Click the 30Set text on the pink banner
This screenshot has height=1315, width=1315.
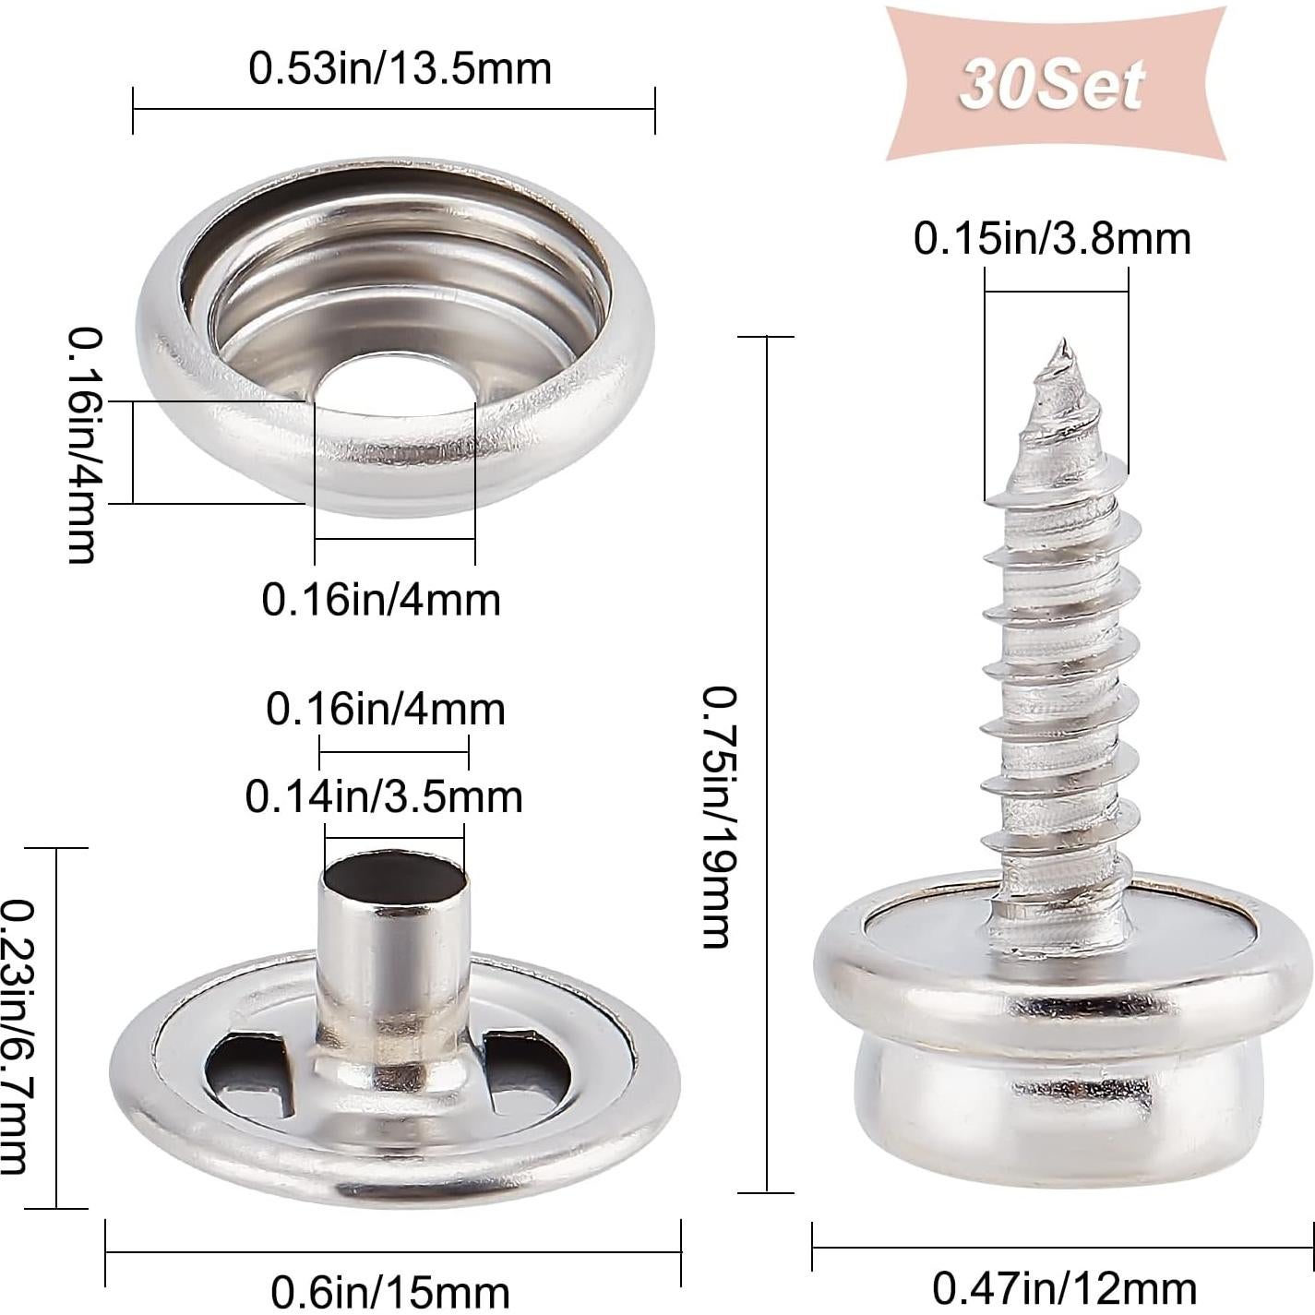1052,85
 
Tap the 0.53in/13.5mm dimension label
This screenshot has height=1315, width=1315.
400,69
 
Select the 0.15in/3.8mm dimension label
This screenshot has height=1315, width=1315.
1052,238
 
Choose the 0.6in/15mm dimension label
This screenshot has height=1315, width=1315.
390,1290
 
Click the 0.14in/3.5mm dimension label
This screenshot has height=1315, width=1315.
384,796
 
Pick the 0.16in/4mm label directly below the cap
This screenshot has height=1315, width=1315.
381,600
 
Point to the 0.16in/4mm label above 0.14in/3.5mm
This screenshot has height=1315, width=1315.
386,710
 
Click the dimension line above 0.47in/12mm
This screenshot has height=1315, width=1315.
1063,1247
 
